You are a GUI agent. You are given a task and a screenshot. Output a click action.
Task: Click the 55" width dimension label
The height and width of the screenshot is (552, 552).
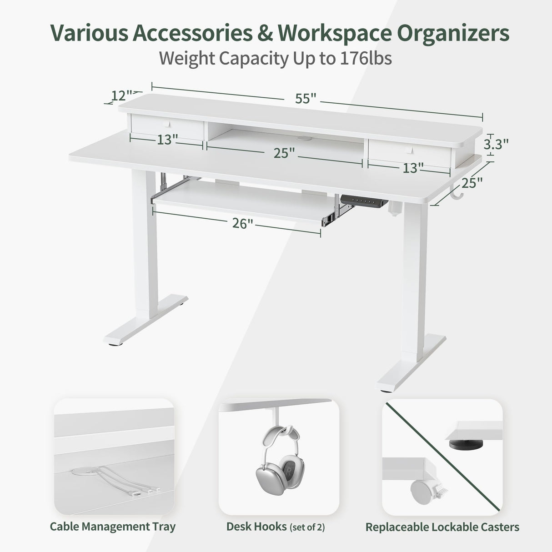tap(306, 98)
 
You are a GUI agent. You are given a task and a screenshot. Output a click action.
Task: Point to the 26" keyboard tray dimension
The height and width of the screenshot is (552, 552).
tap(242, 224)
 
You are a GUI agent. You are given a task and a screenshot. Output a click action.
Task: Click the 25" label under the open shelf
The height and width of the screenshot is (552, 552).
tap(284, 153)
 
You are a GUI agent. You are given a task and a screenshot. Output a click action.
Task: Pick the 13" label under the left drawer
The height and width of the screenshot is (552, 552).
tap(167, 139)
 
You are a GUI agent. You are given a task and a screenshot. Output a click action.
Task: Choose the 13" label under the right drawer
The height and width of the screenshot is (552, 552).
tap(410, 168)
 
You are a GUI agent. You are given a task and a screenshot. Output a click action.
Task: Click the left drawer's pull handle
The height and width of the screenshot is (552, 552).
tap(167, 124)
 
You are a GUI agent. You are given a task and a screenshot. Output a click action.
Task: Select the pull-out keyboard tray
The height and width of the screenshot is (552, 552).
tap(241, 203)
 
